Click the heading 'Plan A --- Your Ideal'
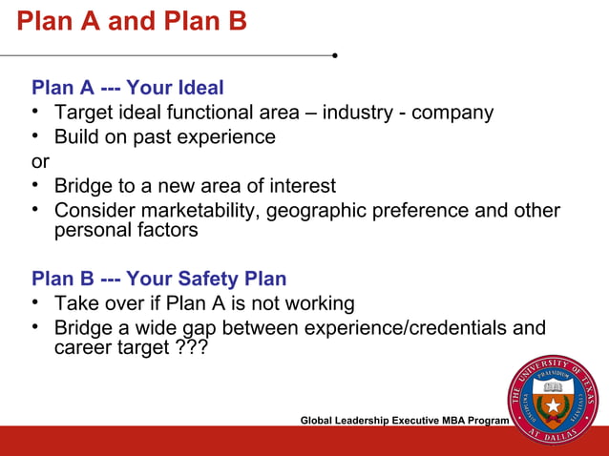128,89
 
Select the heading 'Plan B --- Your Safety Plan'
158,280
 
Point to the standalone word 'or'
40,161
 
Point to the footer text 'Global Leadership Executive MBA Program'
405,421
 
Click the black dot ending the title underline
335,55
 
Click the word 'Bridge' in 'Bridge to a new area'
85,186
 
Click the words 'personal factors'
126,231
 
